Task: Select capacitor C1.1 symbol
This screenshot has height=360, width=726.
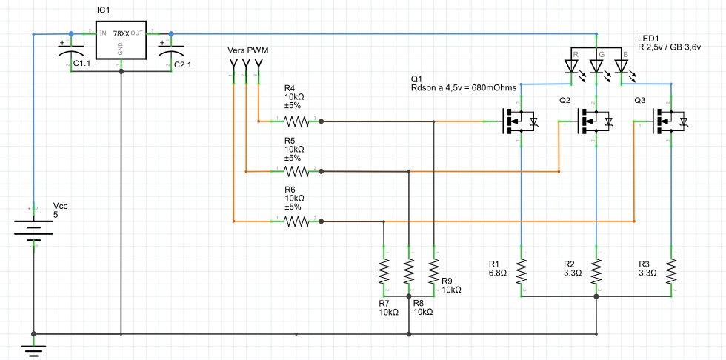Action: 71,53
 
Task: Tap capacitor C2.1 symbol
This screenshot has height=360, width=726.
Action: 171,53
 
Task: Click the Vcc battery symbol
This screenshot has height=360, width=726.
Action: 33,230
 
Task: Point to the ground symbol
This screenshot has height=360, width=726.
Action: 33,347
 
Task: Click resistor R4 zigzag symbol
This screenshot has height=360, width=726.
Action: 296,120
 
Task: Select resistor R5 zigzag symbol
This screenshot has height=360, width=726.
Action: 296,171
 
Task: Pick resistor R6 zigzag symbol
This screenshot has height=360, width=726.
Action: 296,221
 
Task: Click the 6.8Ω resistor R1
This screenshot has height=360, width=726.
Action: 522,271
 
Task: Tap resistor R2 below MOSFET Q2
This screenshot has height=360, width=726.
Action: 596,271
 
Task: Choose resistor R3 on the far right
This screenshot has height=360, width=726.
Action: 671,271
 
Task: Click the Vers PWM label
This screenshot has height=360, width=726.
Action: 247,50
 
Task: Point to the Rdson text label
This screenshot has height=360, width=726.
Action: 463,88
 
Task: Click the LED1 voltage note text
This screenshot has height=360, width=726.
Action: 669,47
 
